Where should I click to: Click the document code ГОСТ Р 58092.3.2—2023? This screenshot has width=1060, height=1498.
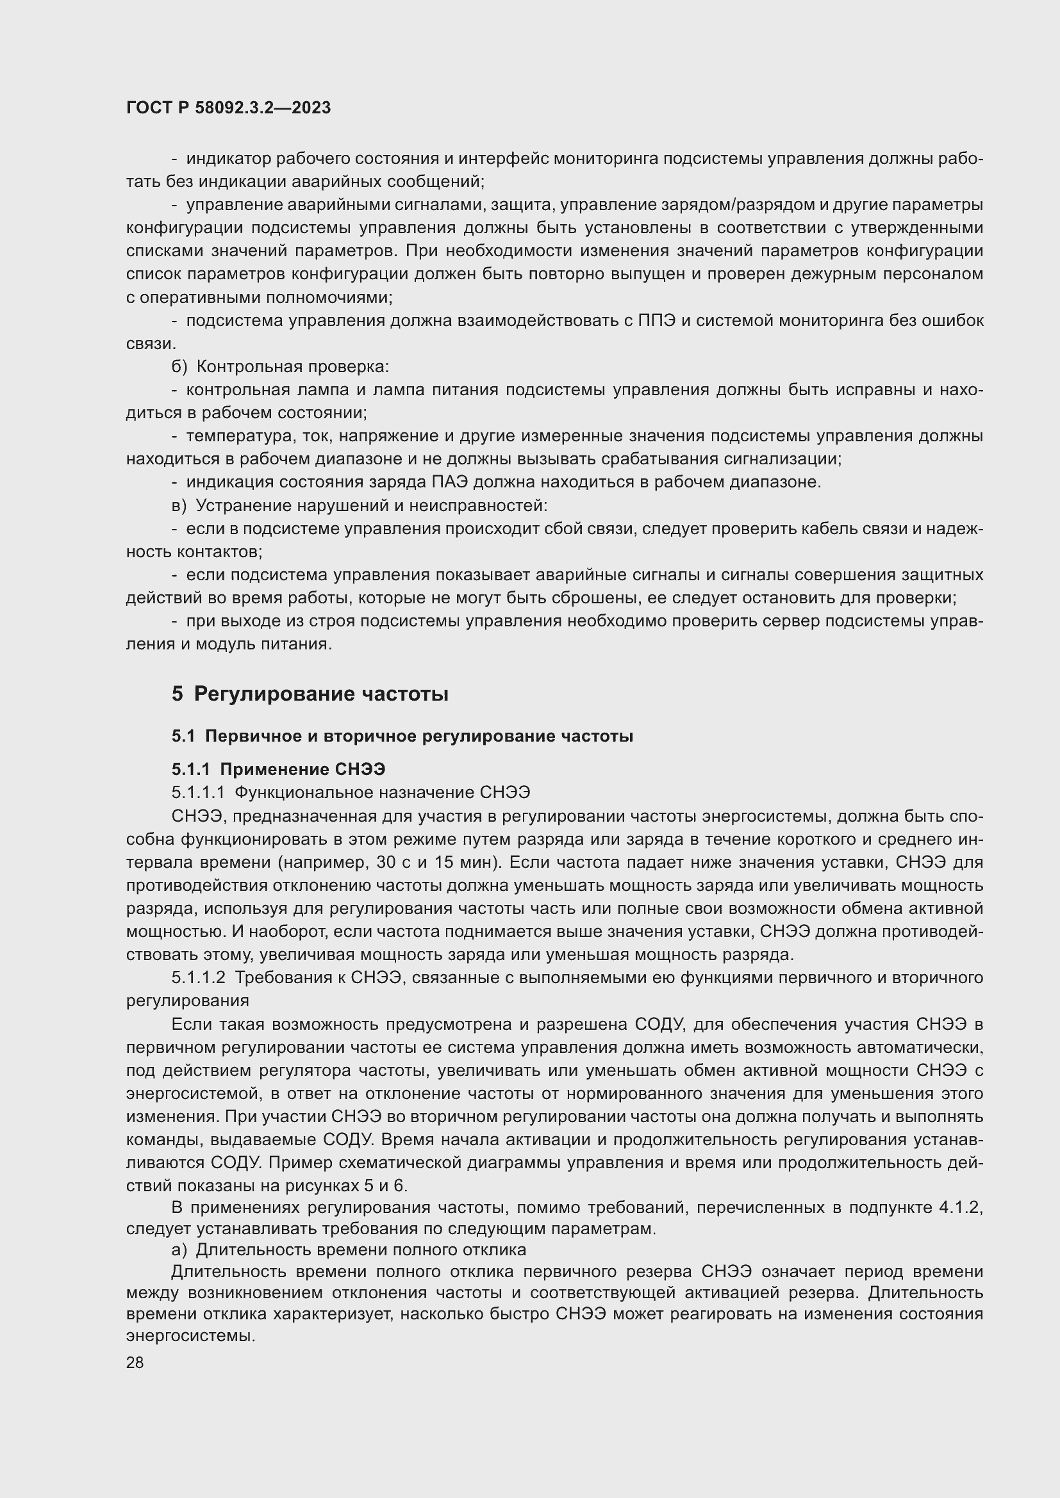228,108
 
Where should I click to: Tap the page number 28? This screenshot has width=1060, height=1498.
135,1362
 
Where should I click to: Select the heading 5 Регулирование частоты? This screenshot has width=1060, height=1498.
310,694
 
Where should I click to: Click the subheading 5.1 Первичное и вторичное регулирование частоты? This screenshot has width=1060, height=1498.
402,736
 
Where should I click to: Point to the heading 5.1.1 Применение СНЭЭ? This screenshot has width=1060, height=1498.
278,769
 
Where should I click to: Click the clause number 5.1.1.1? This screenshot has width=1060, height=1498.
199,792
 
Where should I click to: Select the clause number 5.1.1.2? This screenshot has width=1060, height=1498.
199,977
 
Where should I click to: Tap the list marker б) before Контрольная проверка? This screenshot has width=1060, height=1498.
179,367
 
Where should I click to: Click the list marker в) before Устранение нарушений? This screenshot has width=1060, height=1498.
179,506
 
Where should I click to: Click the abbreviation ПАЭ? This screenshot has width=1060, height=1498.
451,482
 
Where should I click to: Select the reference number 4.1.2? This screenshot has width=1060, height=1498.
960,1207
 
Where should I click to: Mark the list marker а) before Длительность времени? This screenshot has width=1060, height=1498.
179,1250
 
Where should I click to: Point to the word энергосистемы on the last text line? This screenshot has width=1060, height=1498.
189,1335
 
